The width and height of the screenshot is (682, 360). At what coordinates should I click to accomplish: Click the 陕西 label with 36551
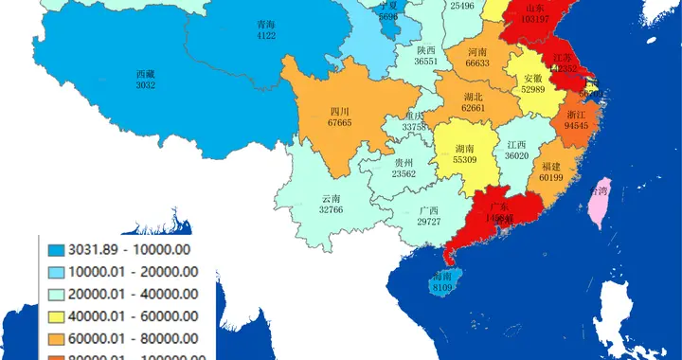point(426,61)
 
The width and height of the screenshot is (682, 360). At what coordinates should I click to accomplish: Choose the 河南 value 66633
point(477,63)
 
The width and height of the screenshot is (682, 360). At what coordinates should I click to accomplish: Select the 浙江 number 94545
point(576,125)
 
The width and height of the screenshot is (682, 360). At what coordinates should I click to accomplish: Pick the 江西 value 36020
point(516,155)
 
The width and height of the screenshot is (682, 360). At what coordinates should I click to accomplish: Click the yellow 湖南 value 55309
point(465,161)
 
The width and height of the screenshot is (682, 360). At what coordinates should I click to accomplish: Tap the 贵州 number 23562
point(404,173)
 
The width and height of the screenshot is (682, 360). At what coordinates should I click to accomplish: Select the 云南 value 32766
point(331,209)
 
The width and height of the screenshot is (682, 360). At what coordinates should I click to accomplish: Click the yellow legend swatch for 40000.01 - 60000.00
point(56,315)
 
